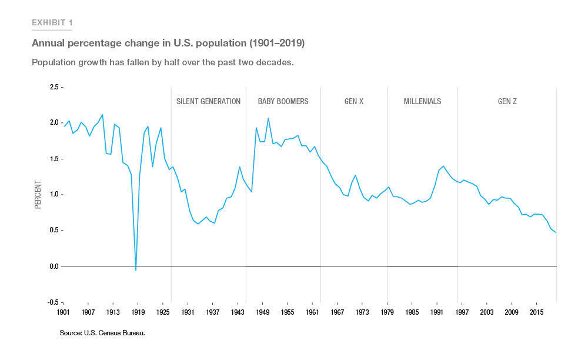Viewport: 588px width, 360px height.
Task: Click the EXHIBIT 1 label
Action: point(52,23)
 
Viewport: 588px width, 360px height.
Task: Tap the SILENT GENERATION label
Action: point(208,101)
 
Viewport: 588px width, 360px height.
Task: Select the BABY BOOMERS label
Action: point(283,101)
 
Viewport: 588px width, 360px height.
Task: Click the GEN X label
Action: point(354,101)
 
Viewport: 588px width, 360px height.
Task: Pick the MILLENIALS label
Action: point(422,101)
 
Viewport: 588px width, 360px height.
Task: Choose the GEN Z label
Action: point(507,101)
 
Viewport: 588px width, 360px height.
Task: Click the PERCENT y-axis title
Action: point(38,195)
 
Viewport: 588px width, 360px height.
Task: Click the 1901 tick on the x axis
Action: point(63,312)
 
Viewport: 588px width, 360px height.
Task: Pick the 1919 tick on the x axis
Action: point(138,312)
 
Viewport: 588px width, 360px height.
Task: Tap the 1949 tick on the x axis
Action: point(262,312)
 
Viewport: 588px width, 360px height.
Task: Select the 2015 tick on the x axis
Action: point(536,312)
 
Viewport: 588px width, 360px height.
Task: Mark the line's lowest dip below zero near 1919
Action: point(136,271)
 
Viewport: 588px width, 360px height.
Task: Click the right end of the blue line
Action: point(555,232)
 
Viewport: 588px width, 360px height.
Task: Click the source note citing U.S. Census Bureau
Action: point(102,333)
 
